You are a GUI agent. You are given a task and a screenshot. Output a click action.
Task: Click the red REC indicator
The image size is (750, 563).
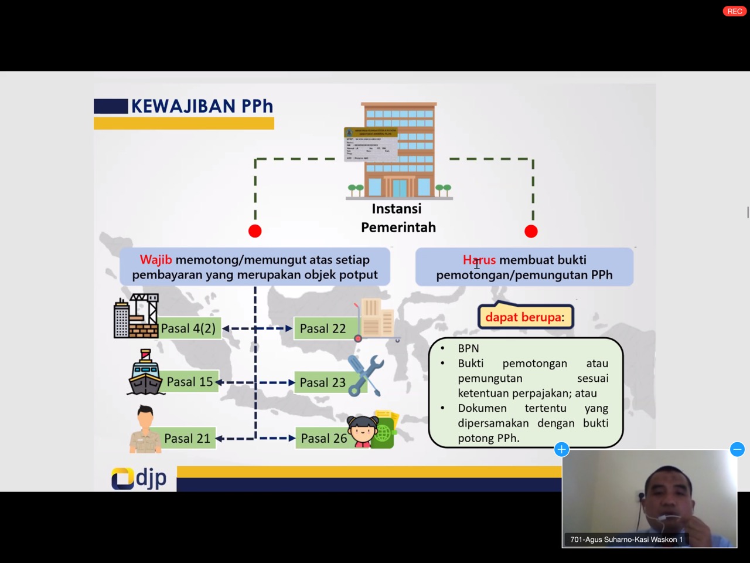click(x=734, y=11)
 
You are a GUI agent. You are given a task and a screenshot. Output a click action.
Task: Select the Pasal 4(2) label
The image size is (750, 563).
click(x=188, y=328)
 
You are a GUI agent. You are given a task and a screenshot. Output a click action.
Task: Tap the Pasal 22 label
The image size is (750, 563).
click(x=323, y=328)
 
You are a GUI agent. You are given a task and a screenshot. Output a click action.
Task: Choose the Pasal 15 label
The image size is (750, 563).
click(x=189, y=382)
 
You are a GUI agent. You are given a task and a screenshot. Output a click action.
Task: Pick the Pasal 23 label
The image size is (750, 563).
click(x=322, y=382)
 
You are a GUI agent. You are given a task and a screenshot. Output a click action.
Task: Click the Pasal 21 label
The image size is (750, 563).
click(x=187, y=438)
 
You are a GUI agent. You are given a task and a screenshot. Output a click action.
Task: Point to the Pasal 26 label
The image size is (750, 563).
click(x=323, y=438)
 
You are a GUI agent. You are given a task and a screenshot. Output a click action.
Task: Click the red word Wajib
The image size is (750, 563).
click(x=155, y=260)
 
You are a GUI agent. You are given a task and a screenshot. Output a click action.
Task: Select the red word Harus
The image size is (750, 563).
click(x=479, y=260)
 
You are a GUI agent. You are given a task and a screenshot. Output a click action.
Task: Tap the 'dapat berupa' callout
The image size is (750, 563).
click(x=525, y=317)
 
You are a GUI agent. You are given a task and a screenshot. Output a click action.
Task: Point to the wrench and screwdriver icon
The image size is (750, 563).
click(x=366, y=375)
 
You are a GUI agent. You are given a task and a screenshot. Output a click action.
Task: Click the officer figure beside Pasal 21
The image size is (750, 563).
click(x=145, y=430)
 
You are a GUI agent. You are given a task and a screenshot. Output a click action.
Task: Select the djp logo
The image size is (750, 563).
click(x=139, y=478)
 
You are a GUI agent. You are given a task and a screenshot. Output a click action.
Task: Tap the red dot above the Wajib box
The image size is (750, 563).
click(x=255, y=231)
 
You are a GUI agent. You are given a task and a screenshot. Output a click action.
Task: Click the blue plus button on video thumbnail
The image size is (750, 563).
click(x=561, y=449)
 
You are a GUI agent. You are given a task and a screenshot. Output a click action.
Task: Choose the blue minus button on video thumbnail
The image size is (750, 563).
click(x=737, y=449)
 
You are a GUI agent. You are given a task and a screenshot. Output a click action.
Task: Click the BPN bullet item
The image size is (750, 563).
click(x=468, y=348)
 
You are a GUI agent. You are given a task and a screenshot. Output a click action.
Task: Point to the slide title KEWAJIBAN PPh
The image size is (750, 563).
click(x=202, y=106)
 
